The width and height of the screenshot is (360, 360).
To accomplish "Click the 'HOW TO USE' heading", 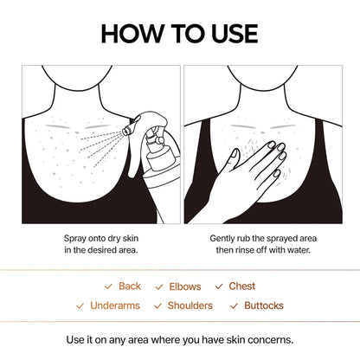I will (x=179, y=33).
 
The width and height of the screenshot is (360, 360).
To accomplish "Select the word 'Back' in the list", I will (x=129, y=286).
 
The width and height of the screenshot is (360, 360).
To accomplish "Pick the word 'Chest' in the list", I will (x=241, y=286).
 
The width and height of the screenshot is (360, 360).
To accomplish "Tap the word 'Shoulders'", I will (x=190, y=305).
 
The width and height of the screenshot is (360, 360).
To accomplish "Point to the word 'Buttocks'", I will (x=263, y=305).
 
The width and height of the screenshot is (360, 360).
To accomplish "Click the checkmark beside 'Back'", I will (x=108, y=286).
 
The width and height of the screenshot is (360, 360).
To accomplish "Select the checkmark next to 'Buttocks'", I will (x=235, y=305).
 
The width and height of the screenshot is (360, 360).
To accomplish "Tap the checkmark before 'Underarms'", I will (x=81, y=305).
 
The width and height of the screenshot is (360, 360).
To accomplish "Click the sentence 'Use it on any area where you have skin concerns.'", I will (x=179, y=339).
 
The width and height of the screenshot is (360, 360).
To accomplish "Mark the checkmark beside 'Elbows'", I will (x=159, y=286).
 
